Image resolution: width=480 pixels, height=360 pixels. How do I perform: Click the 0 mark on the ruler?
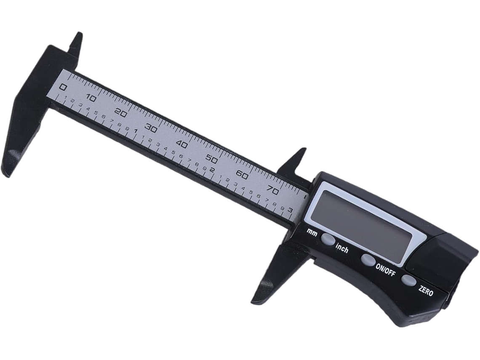(63, 87)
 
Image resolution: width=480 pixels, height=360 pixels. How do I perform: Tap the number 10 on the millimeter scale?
(91, 98)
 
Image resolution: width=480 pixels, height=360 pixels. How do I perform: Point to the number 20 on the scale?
(122, 114)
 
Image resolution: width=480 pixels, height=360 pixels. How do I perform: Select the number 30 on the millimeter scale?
(152, 128)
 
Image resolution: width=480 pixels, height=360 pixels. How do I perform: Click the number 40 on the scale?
(182, 144)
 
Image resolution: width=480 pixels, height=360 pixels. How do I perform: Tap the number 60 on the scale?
(242, 175)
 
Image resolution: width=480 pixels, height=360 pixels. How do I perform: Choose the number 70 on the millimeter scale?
(272, 190)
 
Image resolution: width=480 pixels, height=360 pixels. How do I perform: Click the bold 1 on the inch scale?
(136, 131)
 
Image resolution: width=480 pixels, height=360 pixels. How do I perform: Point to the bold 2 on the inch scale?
(212, 171)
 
